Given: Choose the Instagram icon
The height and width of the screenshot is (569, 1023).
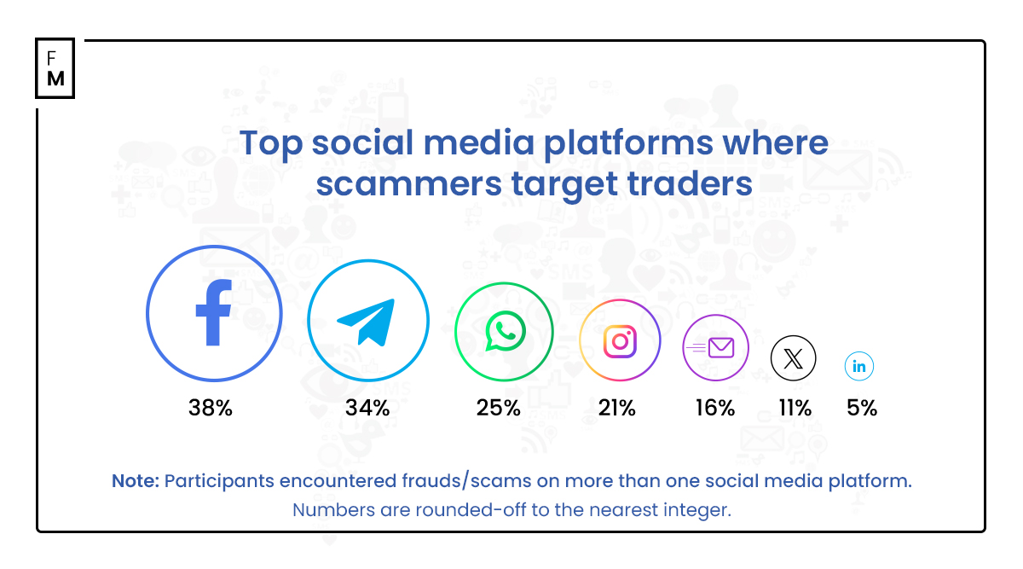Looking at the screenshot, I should coord(620,341).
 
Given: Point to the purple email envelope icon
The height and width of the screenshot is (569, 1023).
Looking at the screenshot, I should coord(716,347).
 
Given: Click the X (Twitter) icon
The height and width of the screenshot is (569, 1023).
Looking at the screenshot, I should coord(793,357).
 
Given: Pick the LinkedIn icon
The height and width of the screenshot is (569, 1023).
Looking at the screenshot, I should coord(859,367).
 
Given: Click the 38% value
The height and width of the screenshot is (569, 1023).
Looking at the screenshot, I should coord(211,408).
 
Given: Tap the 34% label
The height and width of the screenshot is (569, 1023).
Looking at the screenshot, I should coord(367,408).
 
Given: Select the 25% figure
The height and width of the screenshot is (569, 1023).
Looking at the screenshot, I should coord(499,408).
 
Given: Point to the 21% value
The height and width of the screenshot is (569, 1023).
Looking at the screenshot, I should coord(616,408).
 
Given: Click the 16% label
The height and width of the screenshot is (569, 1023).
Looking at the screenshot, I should coord(714,408).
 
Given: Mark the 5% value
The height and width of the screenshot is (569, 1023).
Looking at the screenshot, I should coord(862,408).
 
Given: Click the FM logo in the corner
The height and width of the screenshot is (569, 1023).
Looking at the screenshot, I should coord(55,68).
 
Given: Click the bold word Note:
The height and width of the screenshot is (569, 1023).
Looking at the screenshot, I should coord(135,481).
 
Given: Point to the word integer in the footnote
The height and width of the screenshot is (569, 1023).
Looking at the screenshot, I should coord(698,510).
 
